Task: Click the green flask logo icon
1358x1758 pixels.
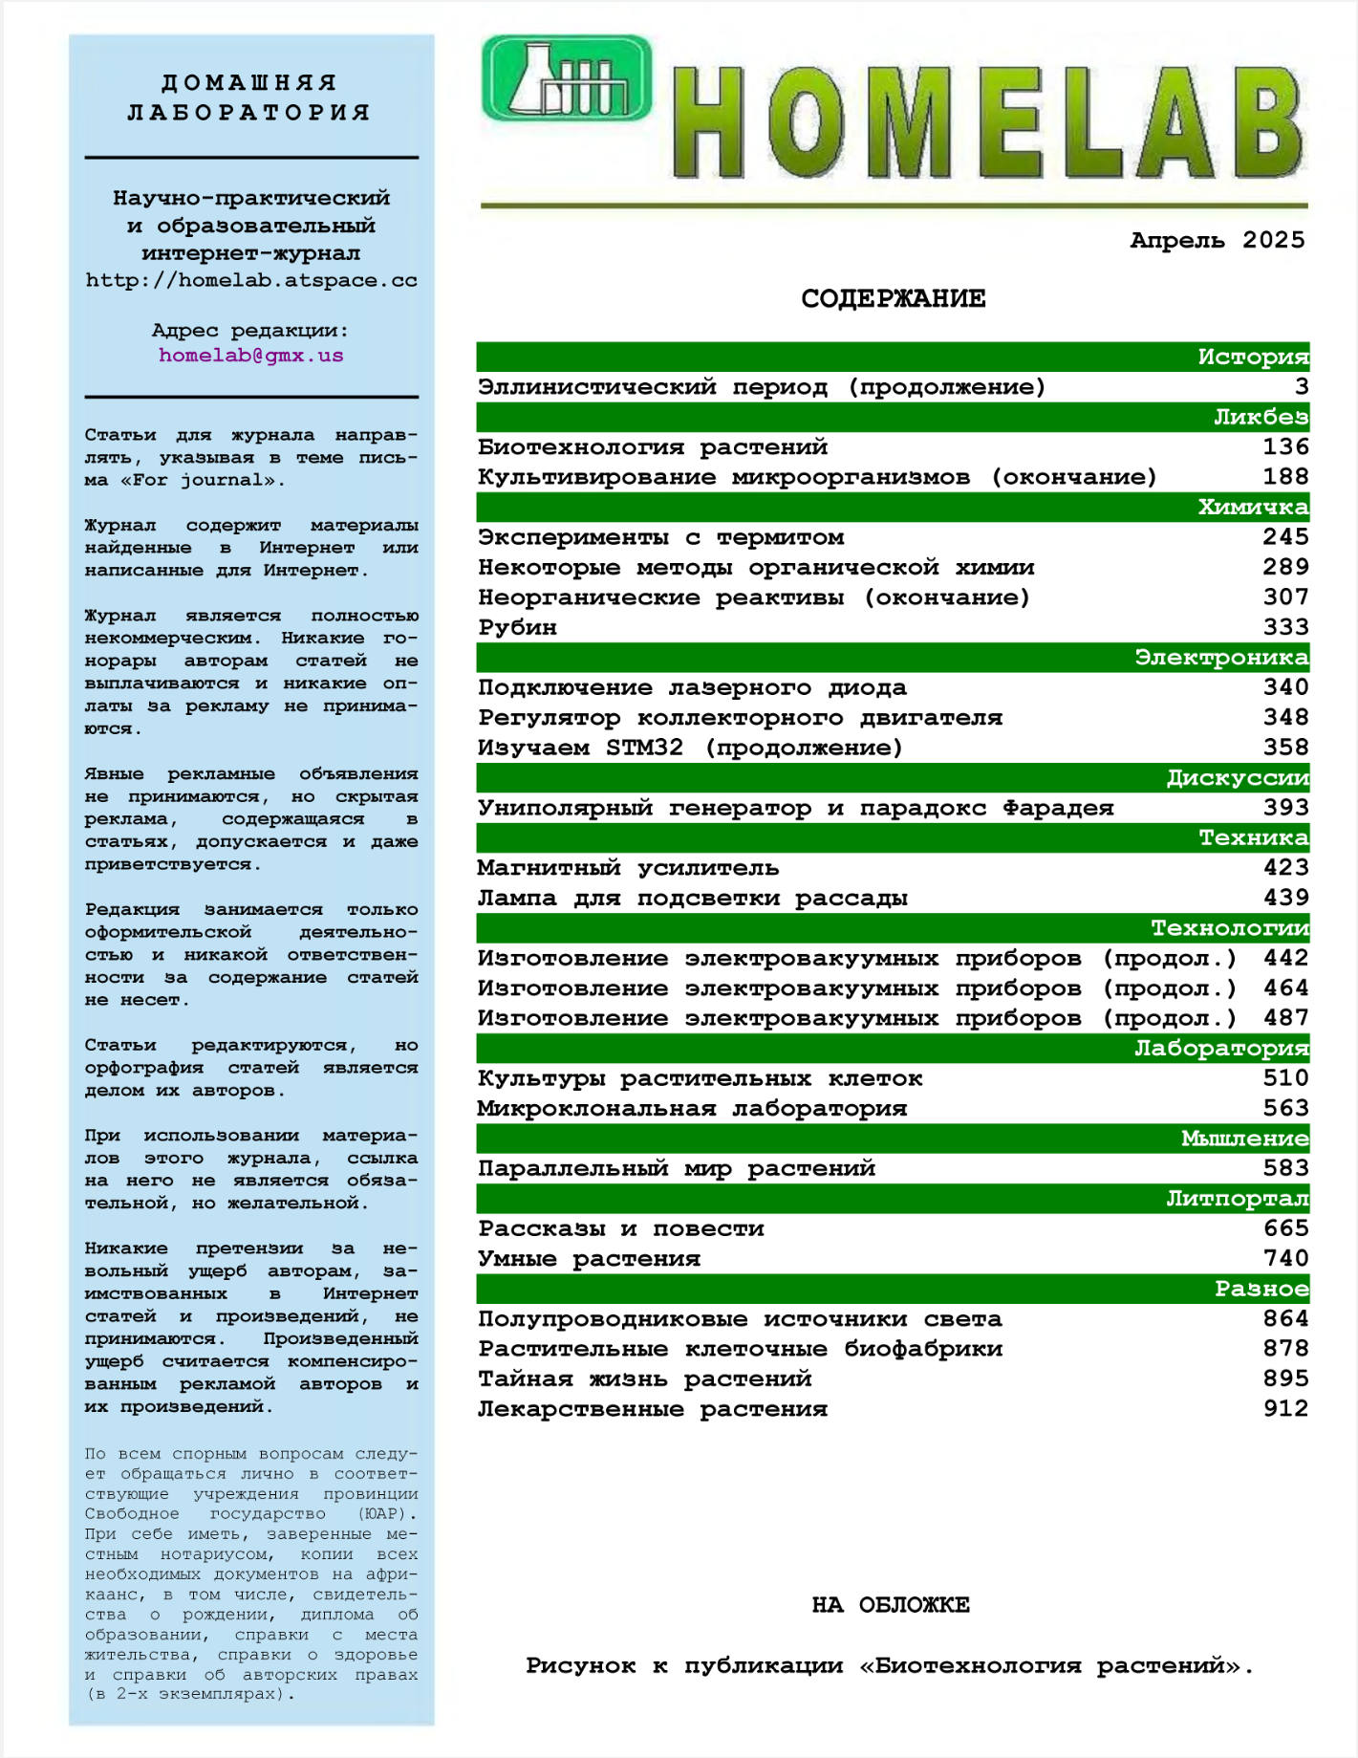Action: [566, 78]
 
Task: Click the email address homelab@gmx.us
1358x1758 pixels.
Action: [250, 356]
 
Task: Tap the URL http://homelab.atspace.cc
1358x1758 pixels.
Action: [250, 281]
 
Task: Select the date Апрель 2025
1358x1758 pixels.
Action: [1217, 240]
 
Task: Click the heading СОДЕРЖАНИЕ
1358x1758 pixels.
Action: [893, 299]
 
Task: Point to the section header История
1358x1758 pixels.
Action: [1252, 358]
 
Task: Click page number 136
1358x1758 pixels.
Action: [1284, 446]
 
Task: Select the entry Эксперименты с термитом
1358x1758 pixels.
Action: [660, 537]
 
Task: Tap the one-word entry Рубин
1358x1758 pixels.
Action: [517, 627]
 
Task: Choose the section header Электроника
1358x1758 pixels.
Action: [1220, 658]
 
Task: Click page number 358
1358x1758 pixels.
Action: [1284, 748]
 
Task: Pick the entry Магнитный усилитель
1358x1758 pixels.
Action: [628, 868]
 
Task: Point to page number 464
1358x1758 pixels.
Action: [1284, 988]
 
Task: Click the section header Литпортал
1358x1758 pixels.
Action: [1237, 1199]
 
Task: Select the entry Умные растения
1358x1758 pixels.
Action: [589, 1259]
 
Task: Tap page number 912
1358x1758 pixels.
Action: [1284, 1409]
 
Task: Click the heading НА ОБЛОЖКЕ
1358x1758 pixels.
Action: [891, 1605]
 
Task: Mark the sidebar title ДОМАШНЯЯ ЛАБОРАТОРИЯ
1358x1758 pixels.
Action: [249, 98]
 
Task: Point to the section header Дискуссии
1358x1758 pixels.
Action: [1237, 778]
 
